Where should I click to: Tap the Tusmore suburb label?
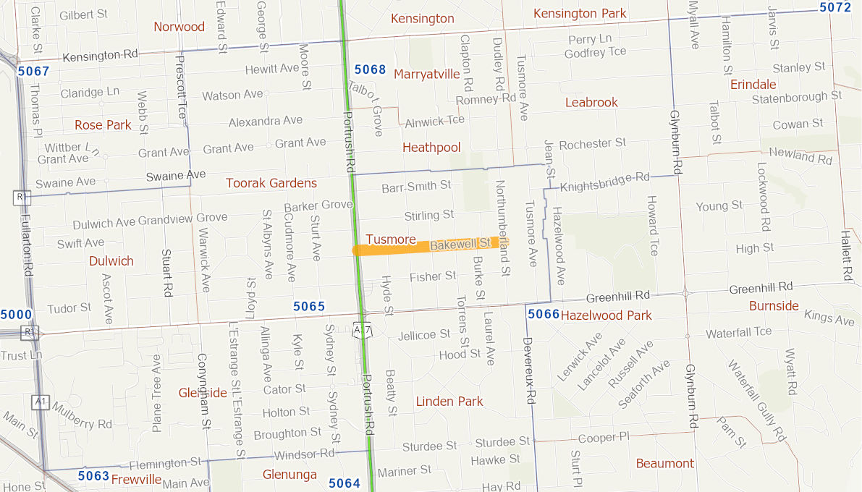391,239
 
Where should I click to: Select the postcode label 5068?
370,69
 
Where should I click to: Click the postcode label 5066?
544,314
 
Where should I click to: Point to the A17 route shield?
362,330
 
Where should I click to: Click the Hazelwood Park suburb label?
606,315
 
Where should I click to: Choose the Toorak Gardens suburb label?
271,183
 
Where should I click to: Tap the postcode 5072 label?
835,7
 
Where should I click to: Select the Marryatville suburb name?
427,74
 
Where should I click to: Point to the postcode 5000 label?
16,315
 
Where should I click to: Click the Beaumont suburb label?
664,463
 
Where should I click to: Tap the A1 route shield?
41,402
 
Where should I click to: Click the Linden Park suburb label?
449,402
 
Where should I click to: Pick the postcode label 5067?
33,71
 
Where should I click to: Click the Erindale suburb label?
753,85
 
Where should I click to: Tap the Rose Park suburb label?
103,125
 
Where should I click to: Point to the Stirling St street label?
429,215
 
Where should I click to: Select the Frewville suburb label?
136,479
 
